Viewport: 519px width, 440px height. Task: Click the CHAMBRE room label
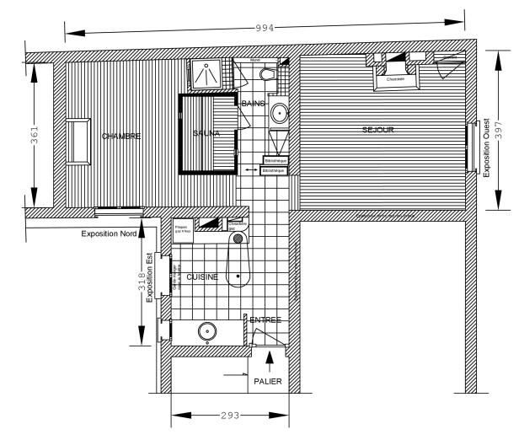coord(120,136)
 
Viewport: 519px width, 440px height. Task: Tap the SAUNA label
coord(206,133)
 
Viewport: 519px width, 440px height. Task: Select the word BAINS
coord(253,103)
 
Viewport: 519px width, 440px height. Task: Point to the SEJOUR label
coord(378,130)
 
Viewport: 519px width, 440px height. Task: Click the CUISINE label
coord(202,276)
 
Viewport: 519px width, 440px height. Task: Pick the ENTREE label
coord(265,319)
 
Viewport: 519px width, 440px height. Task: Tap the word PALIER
coord(267,381)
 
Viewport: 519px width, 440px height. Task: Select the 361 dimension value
coord(35,137)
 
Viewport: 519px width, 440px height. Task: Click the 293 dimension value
coord(230,416)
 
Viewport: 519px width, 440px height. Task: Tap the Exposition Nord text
coord(109,233)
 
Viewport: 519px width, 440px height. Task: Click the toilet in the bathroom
coord(268,76)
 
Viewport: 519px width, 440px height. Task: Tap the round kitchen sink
coord(206,330)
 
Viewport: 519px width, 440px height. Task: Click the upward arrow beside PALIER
coord(270,361)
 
